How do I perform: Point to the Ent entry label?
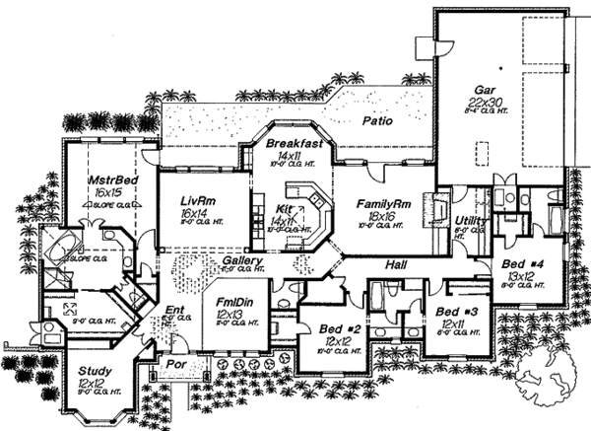click(x=175, y=312)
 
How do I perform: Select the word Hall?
click(x=396, y=265)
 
